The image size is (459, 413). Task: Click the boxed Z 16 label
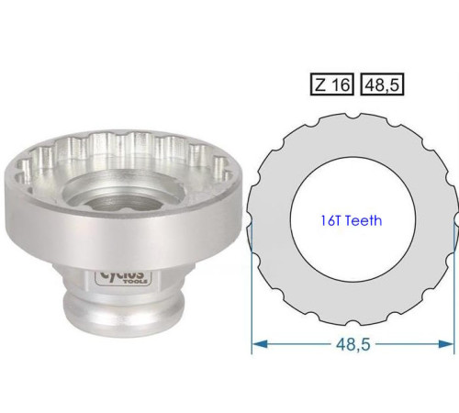330,84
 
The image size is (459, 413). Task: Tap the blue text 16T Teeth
352,220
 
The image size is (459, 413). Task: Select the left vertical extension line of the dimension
252,294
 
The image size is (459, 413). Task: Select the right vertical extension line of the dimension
454,294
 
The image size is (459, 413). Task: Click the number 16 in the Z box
338,84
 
